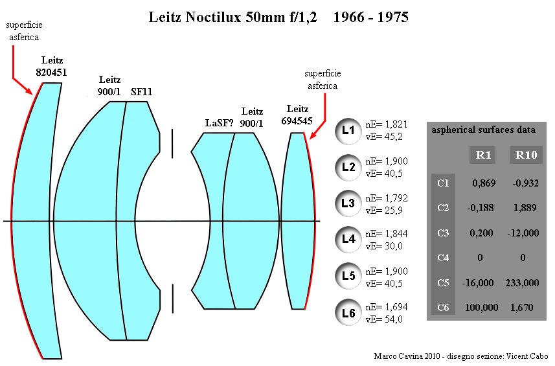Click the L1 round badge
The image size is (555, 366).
[x=348, y=132]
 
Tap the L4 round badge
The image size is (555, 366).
[x=348, y=240]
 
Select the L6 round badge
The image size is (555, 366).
[x=348, y=312]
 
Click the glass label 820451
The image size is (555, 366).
[x=51, y=73]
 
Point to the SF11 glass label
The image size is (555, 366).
[x=142, y=92]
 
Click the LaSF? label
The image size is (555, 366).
[x=220, y=123]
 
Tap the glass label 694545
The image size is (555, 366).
[x=297, y=121]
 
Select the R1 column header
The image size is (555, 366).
[x=483, y=155]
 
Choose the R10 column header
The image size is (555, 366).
[x=526, y=155]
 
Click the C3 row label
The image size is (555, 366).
[x=443, y=233]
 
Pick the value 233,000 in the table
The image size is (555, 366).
[x=523, y=283]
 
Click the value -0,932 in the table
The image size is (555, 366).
[x=526, y=183]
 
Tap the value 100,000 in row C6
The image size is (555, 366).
[x=481, y=308]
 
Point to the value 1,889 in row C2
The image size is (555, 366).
[x=525, y=208]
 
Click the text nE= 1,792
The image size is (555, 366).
[x=387, y=198]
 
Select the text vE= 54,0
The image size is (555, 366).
[x=384, y=319]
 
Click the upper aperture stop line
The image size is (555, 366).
[x=172, y=143]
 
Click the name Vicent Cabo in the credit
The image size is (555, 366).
[x=527, y=356]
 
